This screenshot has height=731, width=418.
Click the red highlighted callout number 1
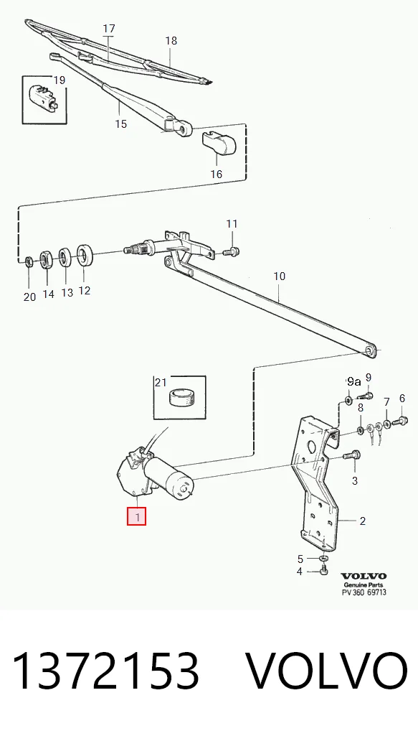[x=137, y=516]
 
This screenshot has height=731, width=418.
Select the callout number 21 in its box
[x=161, y=383]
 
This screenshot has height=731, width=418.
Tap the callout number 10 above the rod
[x=280, y=276]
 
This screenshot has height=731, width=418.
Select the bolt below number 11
[x=232, y=251]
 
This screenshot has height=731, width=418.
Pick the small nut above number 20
[x=29, y=261]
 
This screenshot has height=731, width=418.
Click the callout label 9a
[x=353, y=382]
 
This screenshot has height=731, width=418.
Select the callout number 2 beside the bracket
[x=363, y=521]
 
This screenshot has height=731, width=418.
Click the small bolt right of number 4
[x=325, y=569]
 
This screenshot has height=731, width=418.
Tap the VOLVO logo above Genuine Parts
[x=364, y=576]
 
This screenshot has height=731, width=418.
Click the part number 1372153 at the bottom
[x=105, y=671]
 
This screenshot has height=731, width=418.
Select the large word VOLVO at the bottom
[x=326, y=671]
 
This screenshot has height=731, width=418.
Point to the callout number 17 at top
[x=109, y=29]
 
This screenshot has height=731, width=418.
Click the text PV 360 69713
[x=364, y=592]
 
